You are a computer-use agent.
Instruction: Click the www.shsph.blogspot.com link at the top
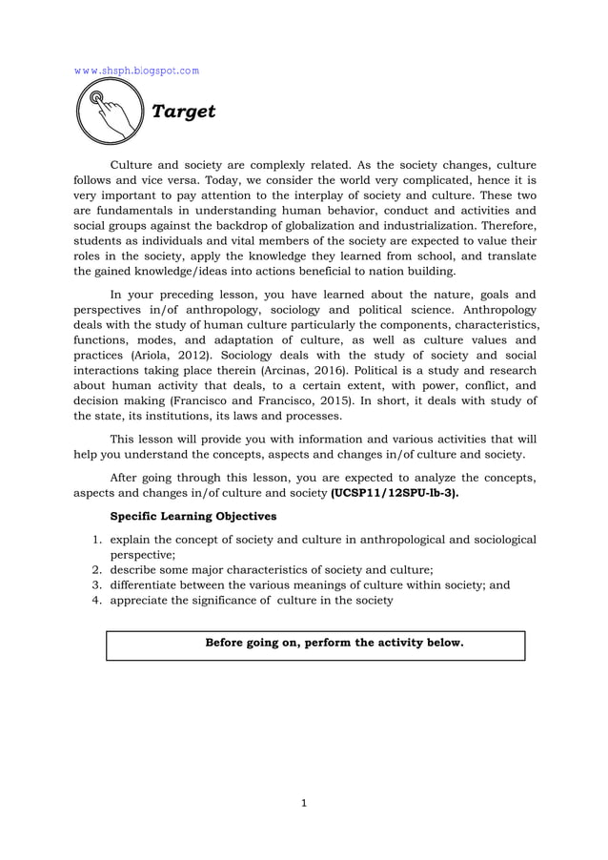pyautogui.click(x=136, y=71)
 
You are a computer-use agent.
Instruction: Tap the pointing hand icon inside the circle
pyautogui.click(x=106, y=112)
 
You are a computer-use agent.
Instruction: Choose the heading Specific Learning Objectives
pyautogui.click(x=193, y=516)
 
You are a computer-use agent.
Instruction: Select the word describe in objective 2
pyautogui.click(x=135, y=569)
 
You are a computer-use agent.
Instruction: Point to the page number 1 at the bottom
pyautogui.click(x=304, y=803)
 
